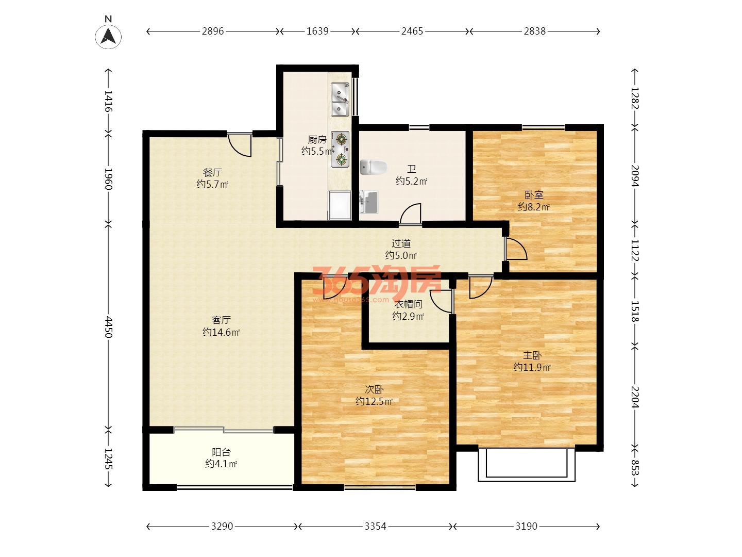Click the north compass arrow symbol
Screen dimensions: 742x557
(x=108, y=36)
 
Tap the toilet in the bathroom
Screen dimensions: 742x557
(x=373, y=167)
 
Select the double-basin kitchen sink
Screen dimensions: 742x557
(x=340, y=99)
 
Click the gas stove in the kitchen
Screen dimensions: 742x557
(x=340, y=149)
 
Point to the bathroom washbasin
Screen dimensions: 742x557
(x=369, y=202)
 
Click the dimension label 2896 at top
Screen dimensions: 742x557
(x=213, y=31)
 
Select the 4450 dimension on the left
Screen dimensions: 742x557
(x=108, y=327)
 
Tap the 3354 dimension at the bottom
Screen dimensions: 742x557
(x=375, y=526)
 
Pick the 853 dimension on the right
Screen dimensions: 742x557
(x=635, y=468)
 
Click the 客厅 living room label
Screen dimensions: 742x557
(x=221, y=320)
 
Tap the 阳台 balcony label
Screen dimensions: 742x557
(x=221, y=452)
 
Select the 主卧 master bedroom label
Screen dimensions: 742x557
(x=532, y=355)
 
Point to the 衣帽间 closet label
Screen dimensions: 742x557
(x=408, y=304)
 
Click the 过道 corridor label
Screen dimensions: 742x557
(x=401, y=243)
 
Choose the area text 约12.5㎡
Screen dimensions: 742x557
(x=374, y=401)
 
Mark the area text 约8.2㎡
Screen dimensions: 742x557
(x=534, y=207)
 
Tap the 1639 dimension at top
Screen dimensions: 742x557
(x=317, y=31)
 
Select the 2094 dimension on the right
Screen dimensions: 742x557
(x=635, y=176)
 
